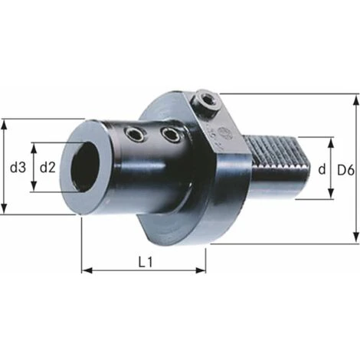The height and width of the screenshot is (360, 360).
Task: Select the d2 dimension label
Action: pos(47,167)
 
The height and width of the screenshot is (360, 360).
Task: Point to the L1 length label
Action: pos(146,261)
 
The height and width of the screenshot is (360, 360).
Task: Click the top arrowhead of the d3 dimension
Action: pos(6,123)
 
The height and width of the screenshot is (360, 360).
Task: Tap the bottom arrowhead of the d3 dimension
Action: pos(6,211)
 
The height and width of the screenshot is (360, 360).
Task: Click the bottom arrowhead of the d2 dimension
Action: pos(34,190)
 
